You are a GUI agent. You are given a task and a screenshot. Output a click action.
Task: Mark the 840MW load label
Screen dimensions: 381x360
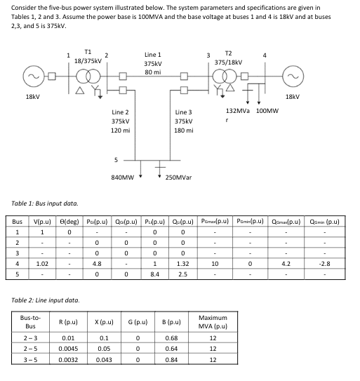point(124,178)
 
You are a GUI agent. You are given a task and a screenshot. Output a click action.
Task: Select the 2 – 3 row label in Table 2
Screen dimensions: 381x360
point(30,345)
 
